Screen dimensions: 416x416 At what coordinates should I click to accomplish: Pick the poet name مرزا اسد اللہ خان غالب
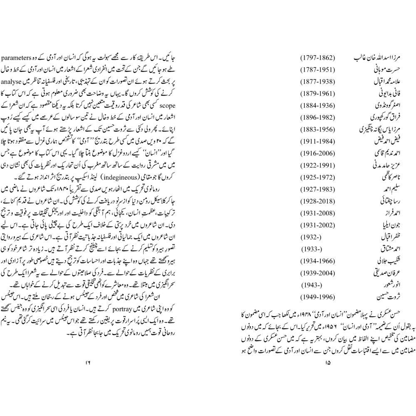[386, 56]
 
